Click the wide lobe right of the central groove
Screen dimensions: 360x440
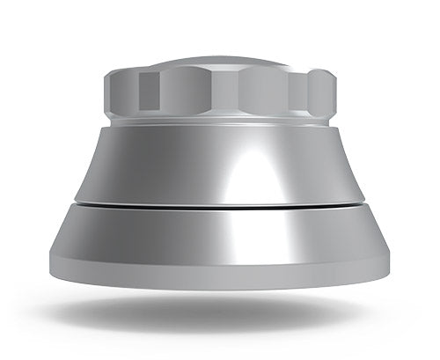pos(264,90)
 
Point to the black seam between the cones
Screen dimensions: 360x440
pos(220,207)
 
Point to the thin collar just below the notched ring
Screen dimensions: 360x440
pos(220,124)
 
